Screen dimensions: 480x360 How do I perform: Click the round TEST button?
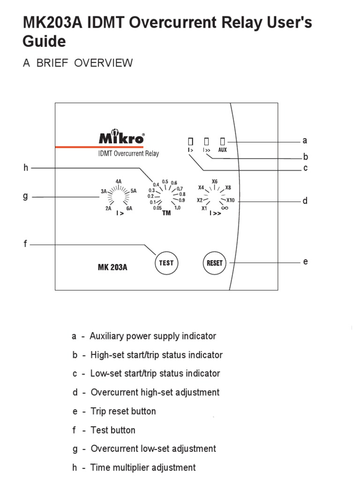click(x=166, y=262)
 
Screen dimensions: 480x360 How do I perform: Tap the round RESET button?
click(x=215, y=263)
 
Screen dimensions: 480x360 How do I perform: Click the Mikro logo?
click(x=121, y=138)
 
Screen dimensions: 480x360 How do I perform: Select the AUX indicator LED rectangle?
click(x=223, y=141)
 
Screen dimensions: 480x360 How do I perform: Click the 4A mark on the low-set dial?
click(x=119, y=181)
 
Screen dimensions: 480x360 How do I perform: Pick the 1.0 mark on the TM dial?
click(x=177, y=207)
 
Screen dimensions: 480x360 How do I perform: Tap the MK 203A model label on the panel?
click(x=112, y=268)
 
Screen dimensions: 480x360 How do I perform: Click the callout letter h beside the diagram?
click(x=26, y=168)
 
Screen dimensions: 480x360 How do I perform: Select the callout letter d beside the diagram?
click(x=305, y=201)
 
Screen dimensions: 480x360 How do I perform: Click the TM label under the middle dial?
click(x=166, y=213)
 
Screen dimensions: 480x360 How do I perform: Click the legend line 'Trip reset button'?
click(x=123, y=411)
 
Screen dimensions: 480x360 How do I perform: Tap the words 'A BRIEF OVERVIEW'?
click(x=78, y=63)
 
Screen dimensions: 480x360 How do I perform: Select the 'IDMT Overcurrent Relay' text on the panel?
click(x=128, y=153)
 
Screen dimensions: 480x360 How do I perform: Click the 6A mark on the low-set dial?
click(x=129, y=208)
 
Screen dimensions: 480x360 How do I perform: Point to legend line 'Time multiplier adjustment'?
click(x=142, y=467)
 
